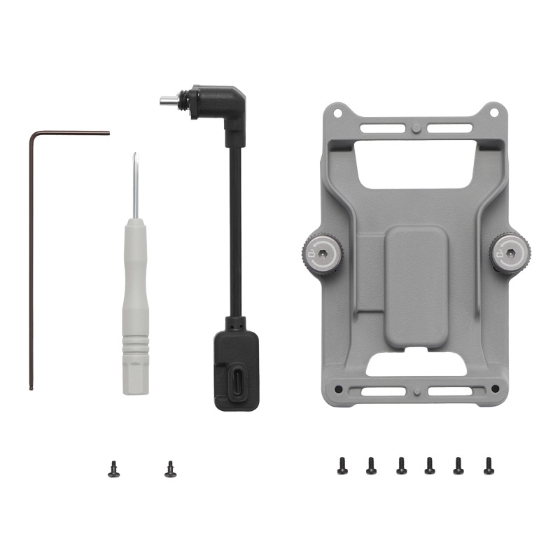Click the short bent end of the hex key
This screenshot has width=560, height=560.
[x=77, y=132]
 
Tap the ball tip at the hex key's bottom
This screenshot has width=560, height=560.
[x=31, y=387]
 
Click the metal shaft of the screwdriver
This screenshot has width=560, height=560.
[x=134, y=185]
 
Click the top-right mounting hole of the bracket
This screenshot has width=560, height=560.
[x=494, y=111]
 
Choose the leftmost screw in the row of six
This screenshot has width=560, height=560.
[x=342, y=465]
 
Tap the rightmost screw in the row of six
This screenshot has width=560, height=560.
[x=489, y=465]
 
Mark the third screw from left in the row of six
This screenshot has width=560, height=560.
[x=401, y=465]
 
